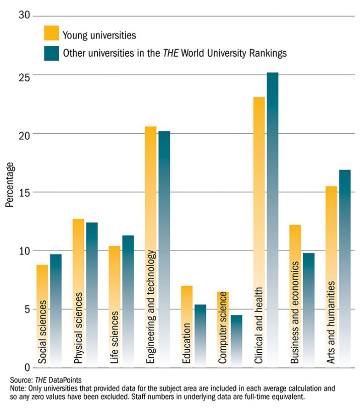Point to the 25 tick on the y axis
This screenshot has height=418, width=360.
[x=24, y=76]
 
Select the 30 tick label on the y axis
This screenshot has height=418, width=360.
[x=24, y=15]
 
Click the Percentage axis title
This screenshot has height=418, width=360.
[x=10, y=185]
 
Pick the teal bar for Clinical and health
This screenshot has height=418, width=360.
[x=272, y=220]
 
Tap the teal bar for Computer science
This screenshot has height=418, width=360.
[x=236, y=341]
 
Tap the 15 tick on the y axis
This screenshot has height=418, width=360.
[x=24, y=192]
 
